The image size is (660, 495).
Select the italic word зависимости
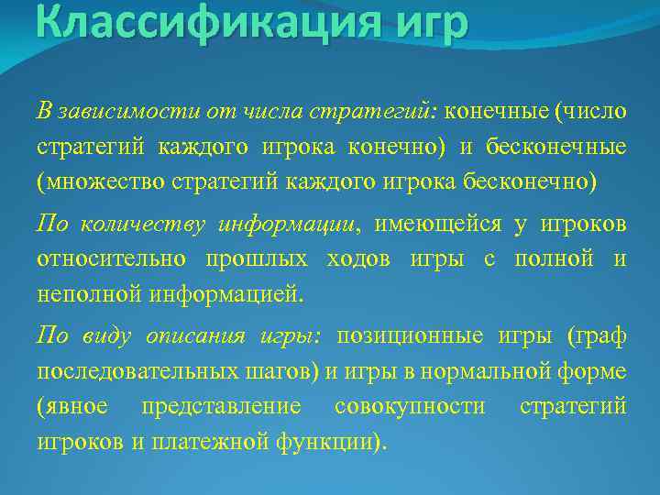click(x=109, y=111)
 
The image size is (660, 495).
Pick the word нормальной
click(x=510, y=371)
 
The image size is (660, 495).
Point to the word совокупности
click(x=410, y=406)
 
